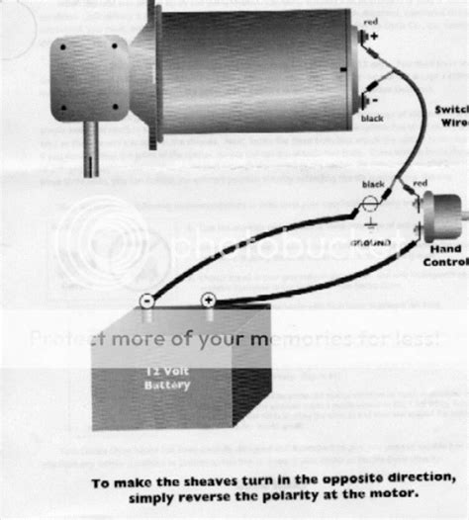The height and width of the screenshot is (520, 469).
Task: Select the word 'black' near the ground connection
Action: (374, 184)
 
